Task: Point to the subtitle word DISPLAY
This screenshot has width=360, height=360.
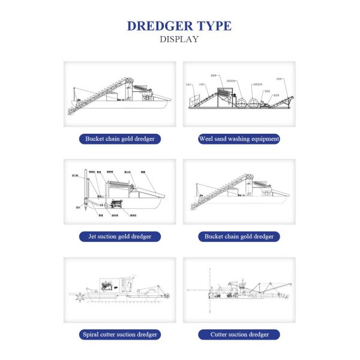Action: [x=179, y=40]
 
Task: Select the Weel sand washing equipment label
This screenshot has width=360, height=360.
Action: [x=239, y=139]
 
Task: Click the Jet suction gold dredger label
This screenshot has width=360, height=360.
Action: [x=120, y=236]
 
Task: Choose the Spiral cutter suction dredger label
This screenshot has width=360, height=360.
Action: [x=120, y=334]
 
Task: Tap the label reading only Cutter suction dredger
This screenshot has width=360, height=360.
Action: [x=239, y=334]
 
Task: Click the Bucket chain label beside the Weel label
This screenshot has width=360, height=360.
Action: [x=120, y=139]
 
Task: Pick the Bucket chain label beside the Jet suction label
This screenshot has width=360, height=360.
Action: [x=239, y=236]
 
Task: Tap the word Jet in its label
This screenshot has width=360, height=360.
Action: [x=92, y=236]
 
